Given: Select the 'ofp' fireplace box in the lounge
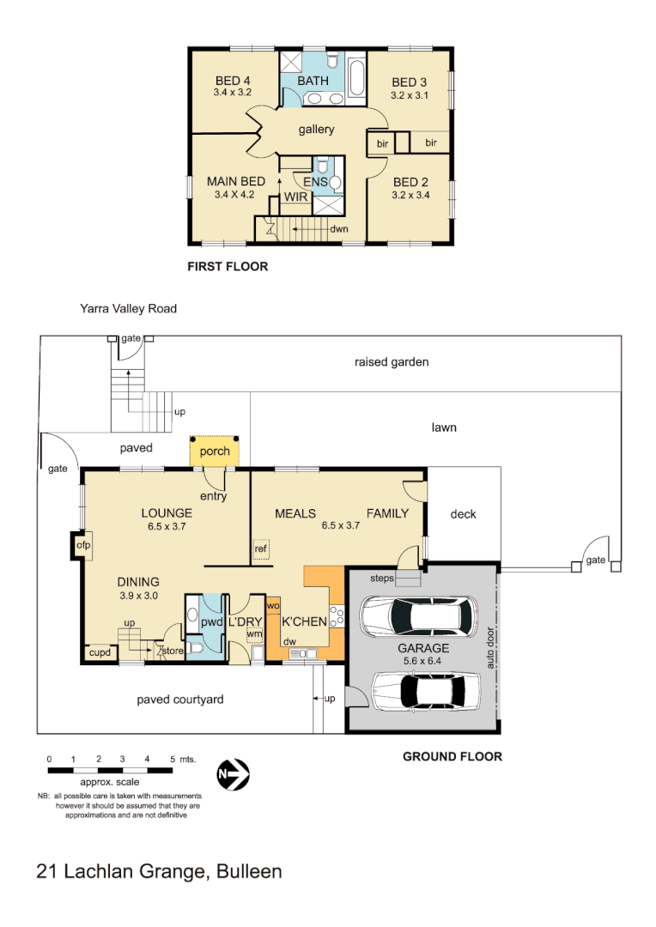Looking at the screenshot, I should (83, 545).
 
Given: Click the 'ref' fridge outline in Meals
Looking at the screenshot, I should (260, 548).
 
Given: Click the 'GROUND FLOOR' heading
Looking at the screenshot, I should (453, 756).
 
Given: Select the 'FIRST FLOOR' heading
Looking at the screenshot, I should (228, 267).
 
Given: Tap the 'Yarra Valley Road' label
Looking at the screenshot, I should (128, 308).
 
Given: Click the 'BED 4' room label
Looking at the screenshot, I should (233, 82).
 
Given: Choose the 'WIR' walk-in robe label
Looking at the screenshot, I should (296, 197).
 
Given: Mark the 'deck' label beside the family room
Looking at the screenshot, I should (463, 514).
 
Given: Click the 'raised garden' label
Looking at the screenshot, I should (392, 362).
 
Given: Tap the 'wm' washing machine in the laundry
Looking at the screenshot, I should (253, 635).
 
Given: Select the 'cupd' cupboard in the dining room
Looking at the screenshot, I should (99, 654).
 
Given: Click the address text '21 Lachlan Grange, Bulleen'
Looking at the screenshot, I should (160, 871).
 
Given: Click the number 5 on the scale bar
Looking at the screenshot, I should (173, 760).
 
